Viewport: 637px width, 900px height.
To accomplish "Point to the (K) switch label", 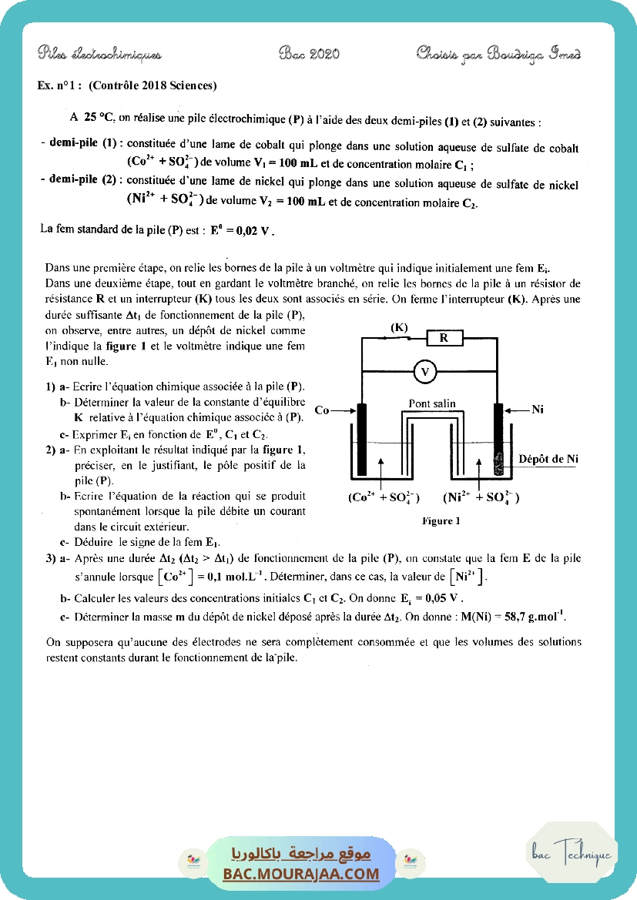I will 398,327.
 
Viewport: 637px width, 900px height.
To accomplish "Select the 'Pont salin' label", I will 431,403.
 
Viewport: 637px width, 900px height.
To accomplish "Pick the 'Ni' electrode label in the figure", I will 538,410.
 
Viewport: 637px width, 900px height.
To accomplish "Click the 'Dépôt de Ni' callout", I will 548,459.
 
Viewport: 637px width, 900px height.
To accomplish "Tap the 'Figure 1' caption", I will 441,521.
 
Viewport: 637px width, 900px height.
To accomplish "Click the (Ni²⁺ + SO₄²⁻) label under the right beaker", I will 481,497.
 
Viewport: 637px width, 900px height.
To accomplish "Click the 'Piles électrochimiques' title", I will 99,54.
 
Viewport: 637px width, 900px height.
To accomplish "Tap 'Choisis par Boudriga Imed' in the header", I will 498,53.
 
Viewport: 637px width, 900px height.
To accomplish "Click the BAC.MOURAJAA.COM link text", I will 301,874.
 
